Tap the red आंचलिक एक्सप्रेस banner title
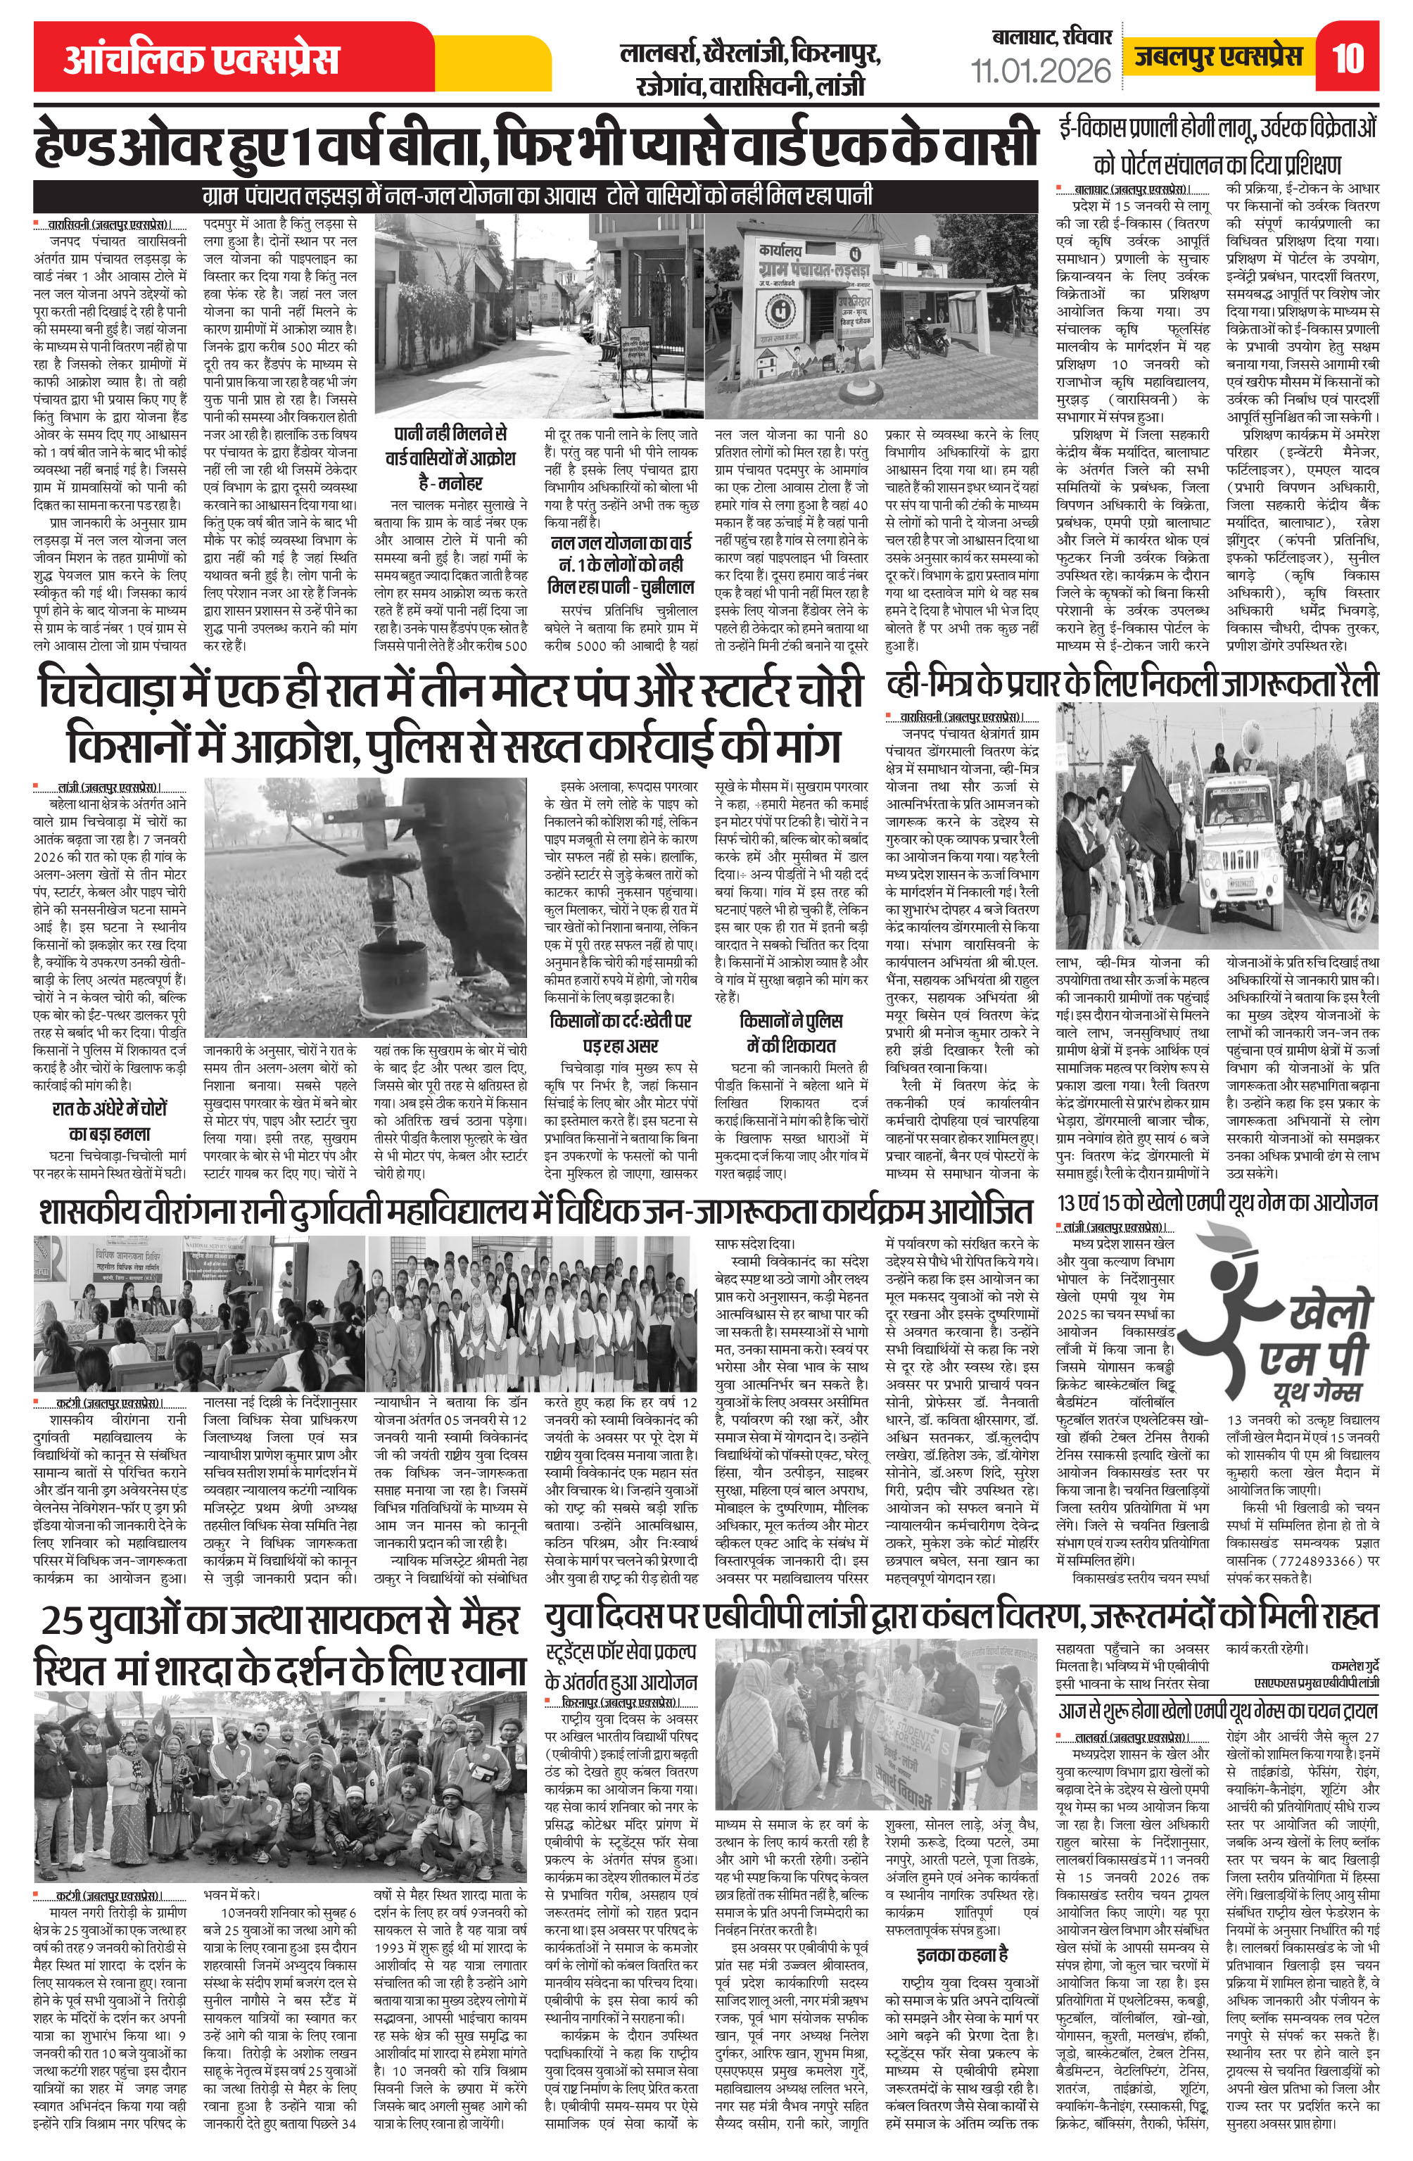[x=201, y=59]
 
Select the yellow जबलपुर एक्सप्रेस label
[x=1218, y=57]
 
